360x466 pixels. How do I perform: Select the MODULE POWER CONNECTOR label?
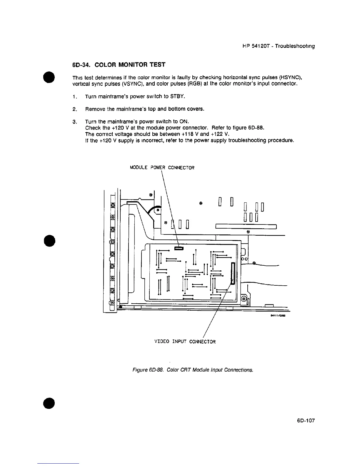[162, 168]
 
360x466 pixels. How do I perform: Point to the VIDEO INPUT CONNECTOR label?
[185, 342]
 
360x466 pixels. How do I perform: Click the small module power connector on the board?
[179, 249]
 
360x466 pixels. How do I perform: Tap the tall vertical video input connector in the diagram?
[233, 273]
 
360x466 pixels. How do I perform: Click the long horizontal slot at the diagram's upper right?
[246, 227]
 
